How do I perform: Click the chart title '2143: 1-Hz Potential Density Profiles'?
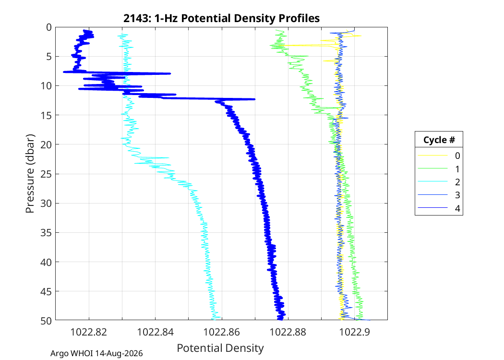pos(221,18)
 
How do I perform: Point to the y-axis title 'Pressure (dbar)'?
pos(30,174)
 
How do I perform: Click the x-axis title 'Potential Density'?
pos(220,348)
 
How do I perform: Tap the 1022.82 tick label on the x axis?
pos(89,332)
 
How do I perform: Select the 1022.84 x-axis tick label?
pos(155,332)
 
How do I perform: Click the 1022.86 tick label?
pos(222,332)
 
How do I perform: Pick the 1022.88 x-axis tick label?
pos(288,332)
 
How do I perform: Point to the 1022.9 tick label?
pos(355,332)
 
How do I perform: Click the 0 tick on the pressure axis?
pos(49,27)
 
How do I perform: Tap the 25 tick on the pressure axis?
pos(46,174)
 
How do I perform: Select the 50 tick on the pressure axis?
pos(46,321)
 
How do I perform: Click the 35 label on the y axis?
pos(46,232)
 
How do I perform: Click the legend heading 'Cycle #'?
pos(439,140)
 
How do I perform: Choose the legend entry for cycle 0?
pos(439,156)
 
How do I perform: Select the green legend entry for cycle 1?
pos(439,169)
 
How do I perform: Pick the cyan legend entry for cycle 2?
pos(439,182)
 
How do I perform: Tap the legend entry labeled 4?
pos(439,208)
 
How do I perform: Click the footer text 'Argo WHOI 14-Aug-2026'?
pos(96,354)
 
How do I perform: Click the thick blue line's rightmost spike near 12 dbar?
pos(254,99)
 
